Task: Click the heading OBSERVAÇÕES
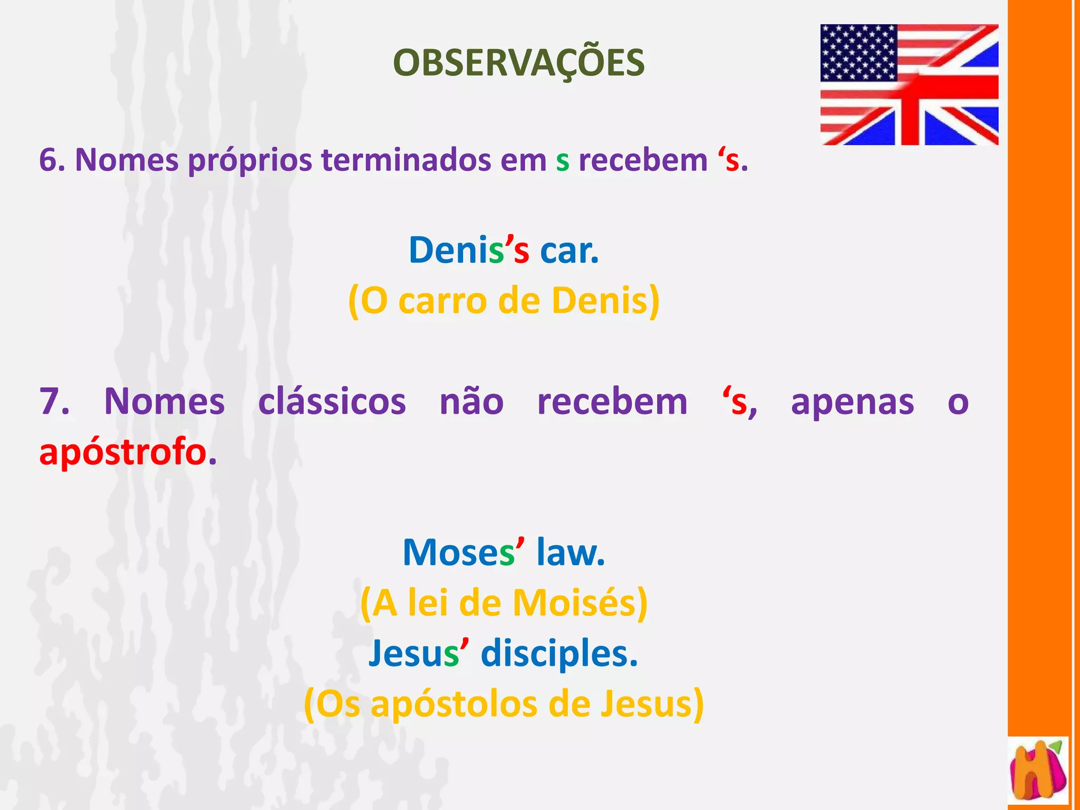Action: [518, 63]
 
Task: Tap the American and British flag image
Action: [909, 84]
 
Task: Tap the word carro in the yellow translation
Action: [442, 301]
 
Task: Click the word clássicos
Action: [332, 402]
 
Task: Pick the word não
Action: [471, 402]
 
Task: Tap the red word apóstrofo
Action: [123, 452]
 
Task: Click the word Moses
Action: [458, 553]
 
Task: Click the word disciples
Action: [559, 654]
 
